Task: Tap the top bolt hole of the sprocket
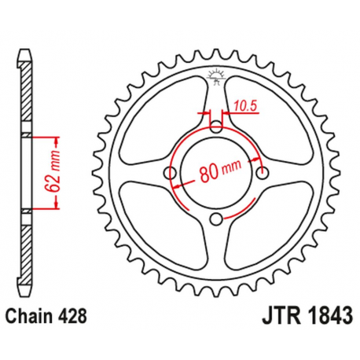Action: (215, 127)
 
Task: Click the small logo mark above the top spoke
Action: (216, 75)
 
